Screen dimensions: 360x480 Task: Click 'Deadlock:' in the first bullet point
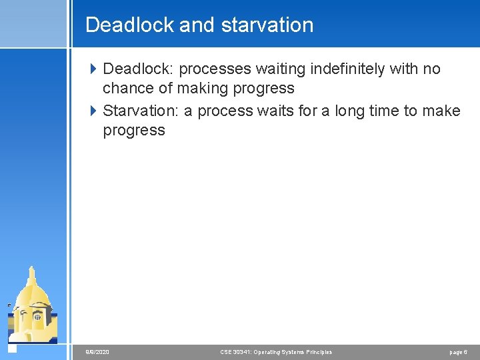coord(139,69)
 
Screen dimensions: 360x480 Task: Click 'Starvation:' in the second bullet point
coord(141,111)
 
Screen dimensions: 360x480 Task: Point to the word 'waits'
coord(273,111)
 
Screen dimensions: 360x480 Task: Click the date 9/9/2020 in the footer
coord(97,352)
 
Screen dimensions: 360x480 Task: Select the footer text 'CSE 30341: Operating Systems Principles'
coord(276,352)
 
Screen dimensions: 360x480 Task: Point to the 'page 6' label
coord(458,352)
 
